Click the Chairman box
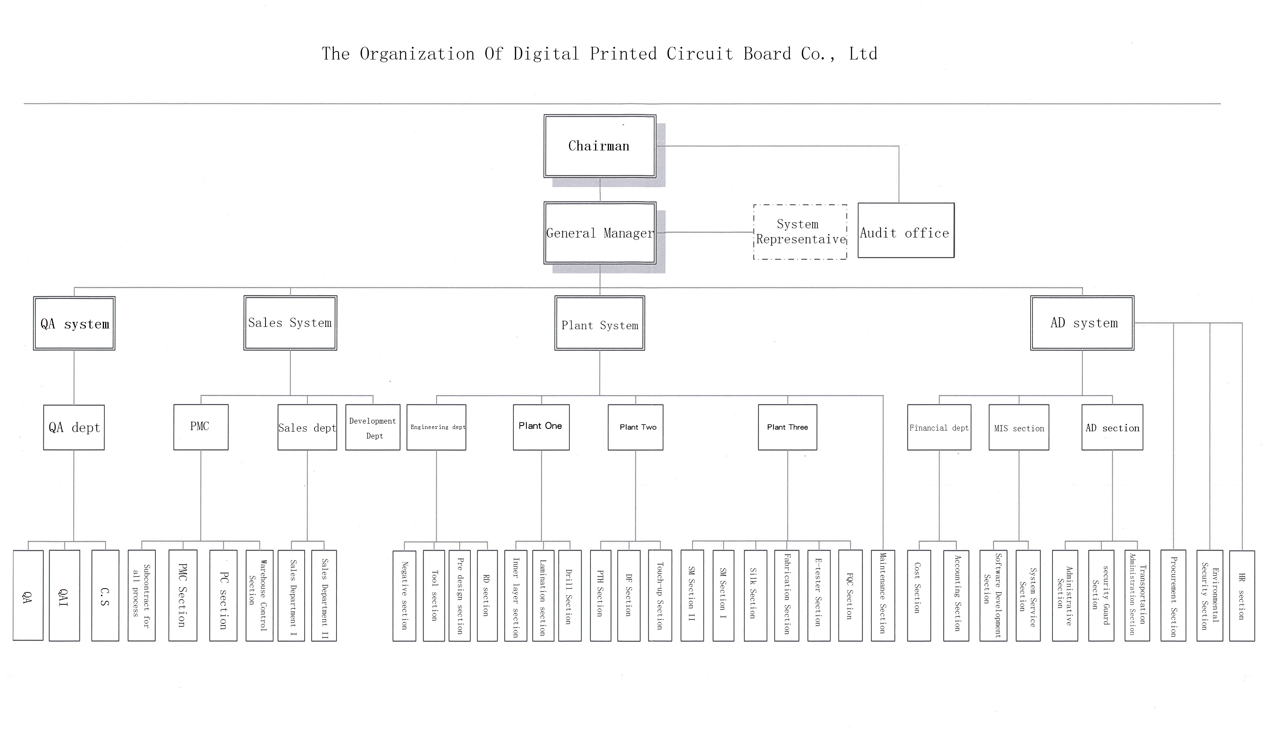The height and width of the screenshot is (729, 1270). coord(600,146)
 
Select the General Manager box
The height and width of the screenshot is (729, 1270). coord(600,233)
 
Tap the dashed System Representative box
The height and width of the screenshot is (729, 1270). coord(800,232)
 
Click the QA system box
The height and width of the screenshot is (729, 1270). coord(74,323)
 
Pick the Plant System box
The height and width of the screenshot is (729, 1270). coord(599,323)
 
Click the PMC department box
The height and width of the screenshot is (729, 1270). coord(201,427)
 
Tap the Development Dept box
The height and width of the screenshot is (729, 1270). coord(373,427)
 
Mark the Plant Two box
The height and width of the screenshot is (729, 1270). coord(635,427)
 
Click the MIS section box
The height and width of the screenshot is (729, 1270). coord(1018,427)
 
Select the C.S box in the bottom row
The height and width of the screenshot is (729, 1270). coord(105,595)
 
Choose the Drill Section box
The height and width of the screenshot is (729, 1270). coord(570,595)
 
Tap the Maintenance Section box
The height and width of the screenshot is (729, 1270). coord(882,595)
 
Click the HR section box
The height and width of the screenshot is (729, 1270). coord(1242,595)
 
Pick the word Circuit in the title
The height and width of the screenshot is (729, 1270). coord(699,54)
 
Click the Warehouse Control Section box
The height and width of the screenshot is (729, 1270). coord(259,595)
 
